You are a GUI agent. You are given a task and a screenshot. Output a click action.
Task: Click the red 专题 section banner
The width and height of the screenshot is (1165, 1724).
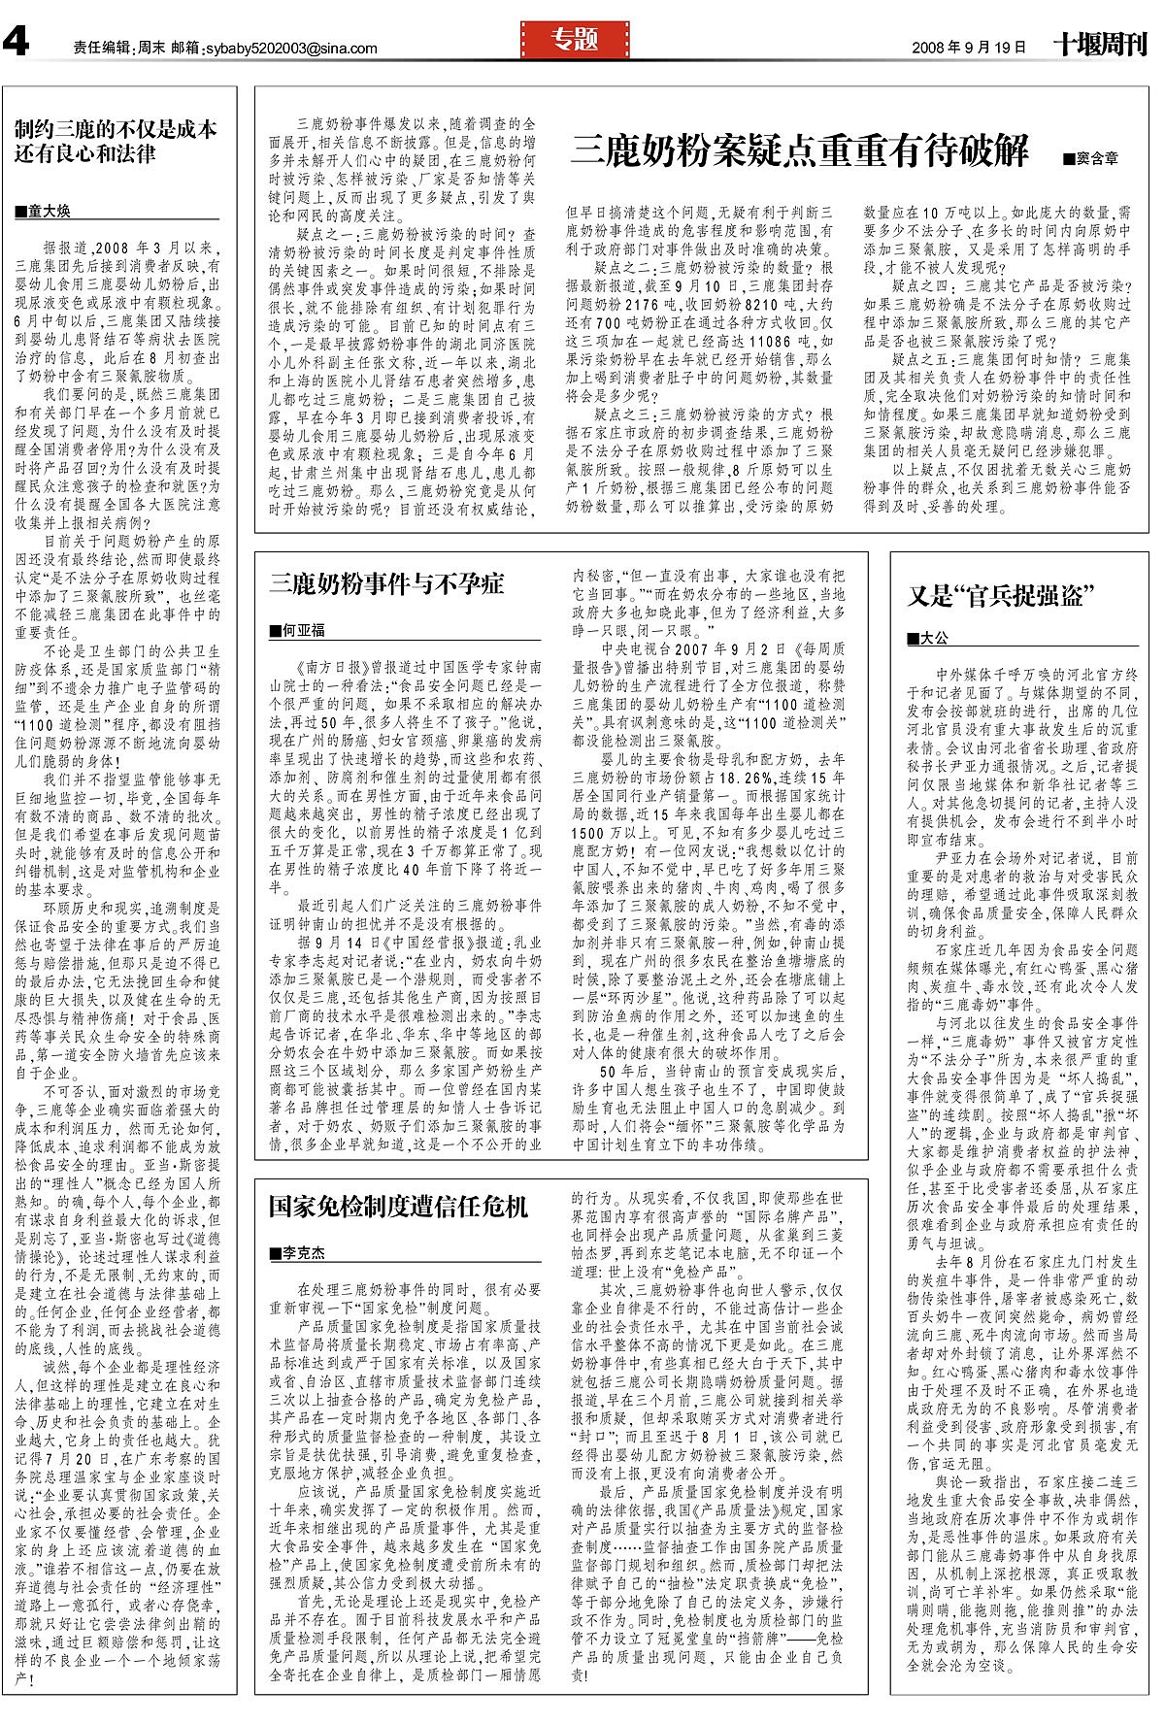[575, 40]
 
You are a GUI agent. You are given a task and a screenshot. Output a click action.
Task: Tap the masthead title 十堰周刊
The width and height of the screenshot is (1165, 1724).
[1100, 45]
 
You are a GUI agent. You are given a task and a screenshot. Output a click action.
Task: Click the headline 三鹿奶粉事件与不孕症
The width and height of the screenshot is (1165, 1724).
[386, 583]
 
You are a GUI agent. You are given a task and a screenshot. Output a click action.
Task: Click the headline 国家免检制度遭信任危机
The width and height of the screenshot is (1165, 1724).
[398, 1207]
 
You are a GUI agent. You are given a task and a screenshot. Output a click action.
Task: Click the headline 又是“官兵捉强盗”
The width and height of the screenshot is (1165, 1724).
[1001, 595]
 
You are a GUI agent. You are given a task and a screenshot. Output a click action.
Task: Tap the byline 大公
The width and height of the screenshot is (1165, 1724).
[933, 638]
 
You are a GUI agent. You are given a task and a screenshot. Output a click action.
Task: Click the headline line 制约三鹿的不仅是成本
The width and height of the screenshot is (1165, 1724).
[116, 129]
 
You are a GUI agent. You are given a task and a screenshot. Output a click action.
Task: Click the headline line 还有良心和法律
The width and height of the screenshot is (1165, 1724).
[85, 152]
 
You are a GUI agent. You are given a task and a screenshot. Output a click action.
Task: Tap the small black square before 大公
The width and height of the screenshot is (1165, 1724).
[913, 639]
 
